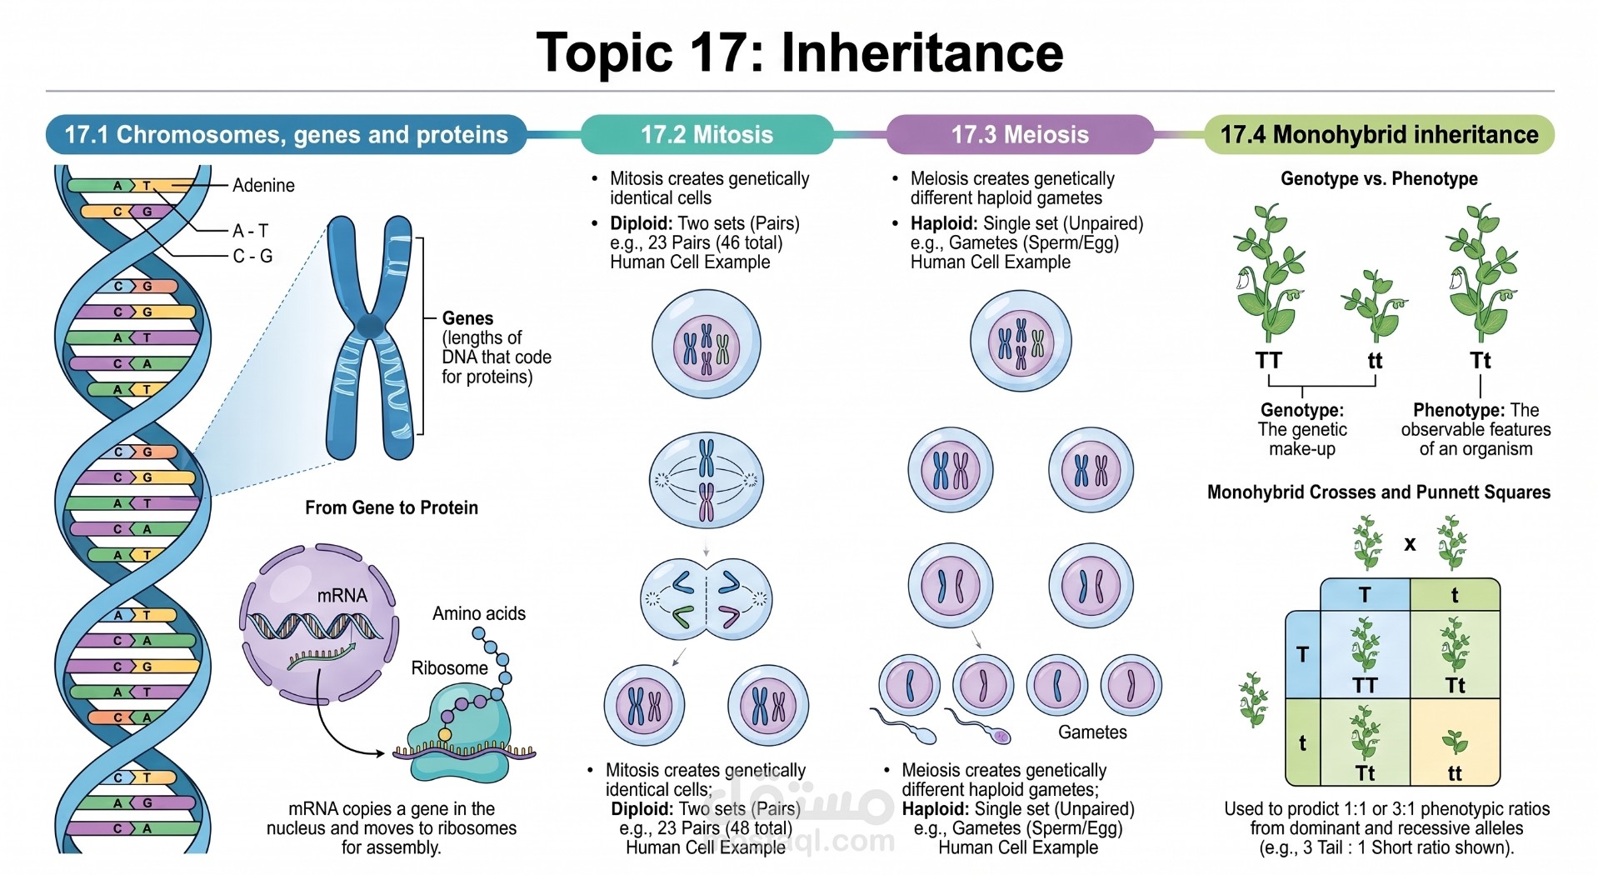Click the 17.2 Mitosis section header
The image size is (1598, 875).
coord(707,134)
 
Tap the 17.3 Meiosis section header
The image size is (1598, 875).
coord(1020,134)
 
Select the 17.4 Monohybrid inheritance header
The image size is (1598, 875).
coord(1379,134)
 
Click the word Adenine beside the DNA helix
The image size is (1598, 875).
coord(263,185)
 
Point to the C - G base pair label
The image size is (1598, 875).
coord(252,256)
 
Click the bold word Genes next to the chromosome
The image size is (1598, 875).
coord(467,318)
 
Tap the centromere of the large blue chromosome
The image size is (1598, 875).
coord(370,326)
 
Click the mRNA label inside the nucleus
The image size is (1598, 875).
coord(342,595)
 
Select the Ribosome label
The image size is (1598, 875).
coord(449,667)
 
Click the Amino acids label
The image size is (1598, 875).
coord(479,613)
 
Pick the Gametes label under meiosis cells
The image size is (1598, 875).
coord(1092,732)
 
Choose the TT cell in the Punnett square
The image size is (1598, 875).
coord(1365,654)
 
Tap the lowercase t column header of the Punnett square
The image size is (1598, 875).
coord(1455,595)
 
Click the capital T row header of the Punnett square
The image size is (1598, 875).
coord(1303,654)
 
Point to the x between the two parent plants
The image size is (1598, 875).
coord(1410,543)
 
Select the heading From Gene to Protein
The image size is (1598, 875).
coord(392,507)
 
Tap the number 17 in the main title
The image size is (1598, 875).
coord(717,52)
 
